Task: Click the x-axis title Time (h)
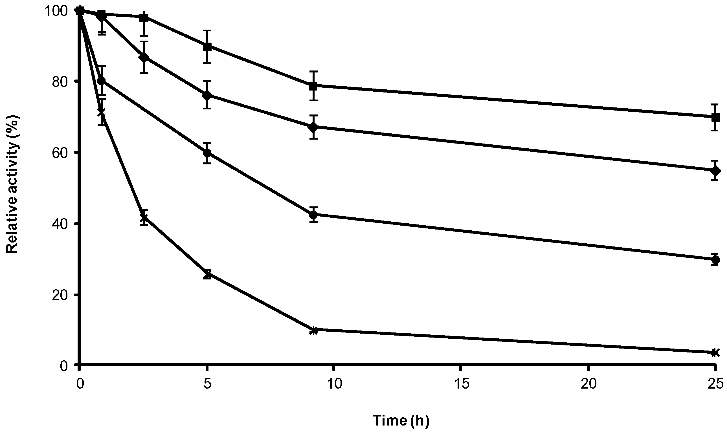pyautogui.click(x=401, y=420)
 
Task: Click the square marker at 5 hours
pyautogui.click(x=207, y=47)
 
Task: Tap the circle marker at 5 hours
pyautogui.click(x=207, y=153)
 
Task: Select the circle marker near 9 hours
pyautogui.click(x=313, y=215)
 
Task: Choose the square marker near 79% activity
pyautogui.click(x=313, y=86)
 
